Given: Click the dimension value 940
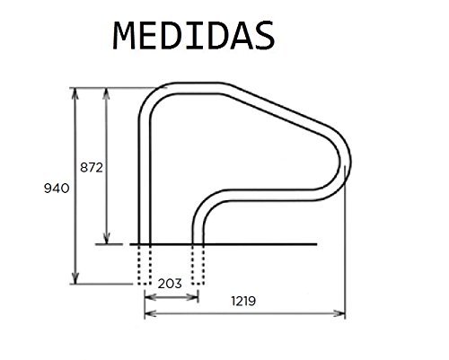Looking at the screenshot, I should tap(57, 188).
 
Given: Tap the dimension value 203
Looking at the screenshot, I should tap(171, 282).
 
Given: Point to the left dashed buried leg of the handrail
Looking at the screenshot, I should tap(144, 262).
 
